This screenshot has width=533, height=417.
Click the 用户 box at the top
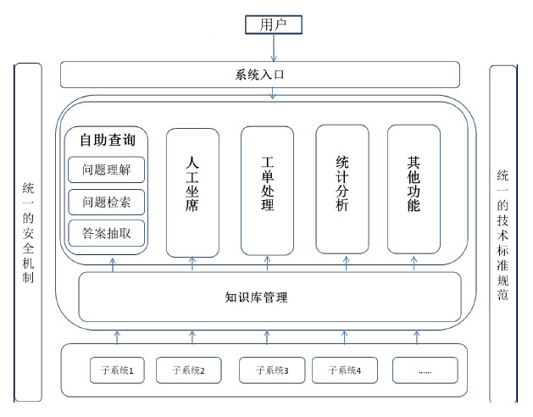coord(273,25)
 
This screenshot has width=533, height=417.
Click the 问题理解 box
coord(107,170)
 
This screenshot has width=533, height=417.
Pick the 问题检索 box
coord(107,202)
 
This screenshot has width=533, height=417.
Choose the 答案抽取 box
coord(107,233)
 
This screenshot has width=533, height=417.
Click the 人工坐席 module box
coord(192,192)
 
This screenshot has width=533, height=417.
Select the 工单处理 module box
coord(268,190)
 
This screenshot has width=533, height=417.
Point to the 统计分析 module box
coord(342,188)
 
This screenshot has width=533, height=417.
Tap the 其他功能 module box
coord(414,188)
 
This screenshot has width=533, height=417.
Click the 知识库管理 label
coord(257,297)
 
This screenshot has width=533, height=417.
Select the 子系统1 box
coord(117,370)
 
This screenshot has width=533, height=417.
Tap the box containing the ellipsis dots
coord(425,370)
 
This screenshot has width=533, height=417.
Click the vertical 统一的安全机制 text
coord(28,232)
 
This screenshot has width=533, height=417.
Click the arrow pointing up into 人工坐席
coord(192,264)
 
